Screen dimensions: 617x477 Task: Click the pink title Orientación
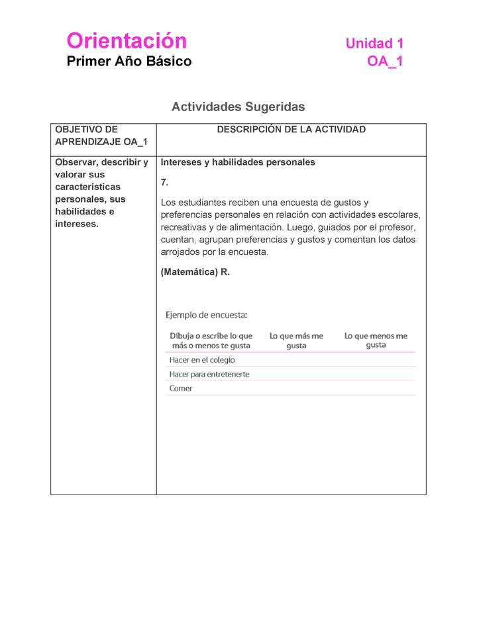[x=127, y=41]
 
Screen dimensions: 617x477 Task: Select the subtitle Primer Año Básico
[x=129, y=62]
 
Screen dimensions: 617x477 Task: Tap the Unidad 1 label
[x=374, y=44]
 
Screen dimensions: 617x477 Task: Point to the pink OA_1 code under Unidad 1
[x=385, y=62]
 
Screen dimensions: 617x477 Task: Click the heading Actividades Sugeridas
[x=238, y=107]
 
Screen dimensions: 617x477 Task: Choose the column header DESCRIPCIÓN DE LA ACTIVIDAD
[x=291, y=130]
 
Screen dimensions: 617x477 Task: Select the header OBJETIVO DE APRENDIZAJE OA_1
[x=101, y=136]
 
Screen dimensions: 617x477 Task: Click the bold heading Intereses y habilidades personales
[x=238, y=162]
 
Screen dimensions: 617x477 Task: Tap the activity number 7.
[x=165, y=182]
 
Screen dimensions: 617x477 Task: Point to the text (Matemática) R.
[x=195, y=272]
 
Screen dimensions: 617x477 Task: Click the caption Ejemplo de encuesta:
[x=206, y=314]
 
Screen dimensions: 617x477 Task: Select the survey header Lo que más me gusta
[x=296, y=340]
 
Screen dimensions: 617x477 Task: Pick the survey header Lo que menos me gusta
[x=376, y=340]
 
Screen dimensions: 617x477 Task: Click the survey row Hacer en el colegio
[x=202, y=360]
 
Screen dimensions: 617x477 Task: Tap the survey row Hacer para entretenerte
[x=209, y=374]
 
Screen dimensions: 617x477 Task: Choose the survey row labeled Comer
[x=181, y=389]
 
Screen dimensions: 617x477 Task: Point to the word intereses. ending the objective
[x=76, y=224]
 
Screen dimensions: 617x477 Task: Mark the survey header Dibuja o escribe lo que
[x=211, y=336]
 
